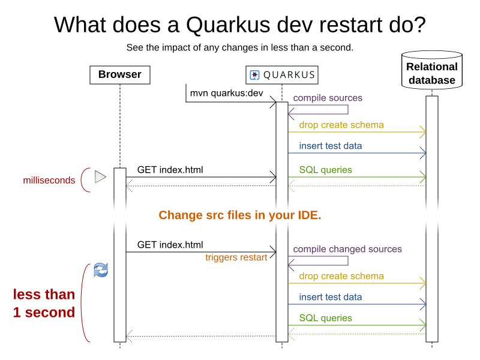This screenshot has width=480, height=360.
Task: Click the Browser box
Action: (x=119, y=75)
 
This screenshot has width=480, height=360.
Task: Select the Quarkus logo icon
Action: (x=254, y=75)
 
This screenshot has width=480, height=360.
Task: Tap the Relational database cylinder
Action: (x=431, y=73)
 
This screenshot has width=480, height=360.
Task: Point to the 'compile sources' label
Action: (x=328, y=98)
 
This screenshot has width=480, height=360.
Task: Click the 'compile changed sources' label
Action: (x=347, y=249)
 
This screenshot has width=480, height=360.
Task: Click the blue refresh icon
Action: (x=101, y=271)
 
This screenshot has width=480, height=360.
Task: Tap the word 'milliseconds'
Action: (x=49, y=180)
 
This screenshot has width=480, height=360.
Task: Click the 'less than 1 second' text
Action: (x=44, y=304)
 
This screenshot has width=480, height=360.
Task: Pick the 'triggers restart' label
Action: (x=236, y=257)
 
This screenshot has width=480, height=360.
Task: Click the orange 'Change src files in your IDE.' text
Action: (x=240, y=215)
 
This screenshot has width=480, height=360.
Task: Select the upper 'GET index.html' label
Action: (x=170, y=170)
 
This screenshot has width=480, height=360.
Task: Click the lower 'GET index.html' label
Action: (x=170, y=245)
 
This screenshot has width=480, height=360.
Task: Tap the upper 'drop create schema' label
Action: (x=341, y=125)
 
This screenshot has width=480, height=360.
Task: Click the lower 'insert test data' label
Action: (x=331, y=297)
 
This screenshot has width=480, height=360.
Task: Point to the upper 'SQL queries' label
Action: (x=326, y=170)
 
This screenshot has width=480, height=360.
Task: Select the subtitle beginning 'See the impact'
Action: (x=240, y=47)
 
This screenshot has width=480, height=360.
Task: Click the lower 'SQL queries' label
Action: (x=326, y=318)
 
